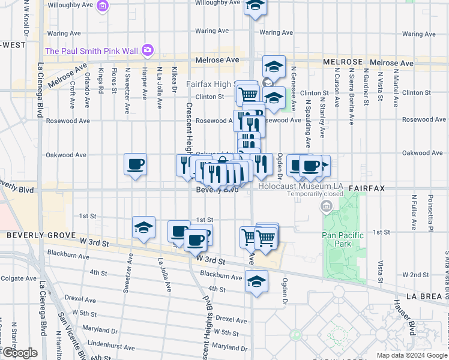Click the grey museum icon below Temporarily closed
(327, 208)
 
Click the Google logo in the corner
(20, 353)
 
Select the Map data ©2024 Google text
(412, 355)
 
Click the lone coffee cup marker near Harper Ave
(135, 165)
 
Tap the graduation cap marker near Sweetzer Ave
(144, 228)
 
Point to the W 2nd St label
(423, 275)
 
